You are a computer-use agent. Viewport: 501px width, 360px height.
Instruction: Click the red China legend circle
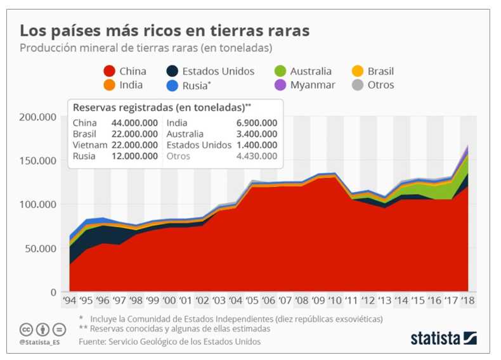click(x=109, y=72)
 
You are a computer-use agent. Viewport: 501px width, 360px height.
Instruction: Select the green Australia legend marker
click(x=280, y=72)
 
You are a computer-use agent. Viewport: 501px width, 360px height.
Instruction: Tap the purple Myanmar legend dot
click(x=280, y=85)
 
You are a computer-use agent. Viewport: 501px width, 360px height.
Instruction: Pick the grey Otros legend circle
click(x=358, y=85)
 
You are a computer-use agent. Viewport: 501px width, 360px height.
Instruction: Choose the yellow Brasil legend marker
click(x=358, y=72)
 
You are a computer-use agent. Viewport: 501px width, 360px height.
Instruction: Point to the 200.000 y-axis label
click(x=37, y=117)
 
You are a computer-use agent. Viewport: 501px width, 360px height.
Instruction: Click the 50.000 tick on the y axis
click(x=40, y=248)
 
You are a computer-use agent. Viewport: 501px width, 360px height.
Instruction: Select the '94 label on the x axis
click(x=70, y=301)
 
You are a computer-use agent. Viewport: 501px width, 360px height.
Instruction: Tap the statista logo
click(x=443, y=338)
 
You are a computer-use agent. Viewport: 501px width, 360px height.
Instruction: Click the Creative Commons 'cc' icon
click(x=27, y=330)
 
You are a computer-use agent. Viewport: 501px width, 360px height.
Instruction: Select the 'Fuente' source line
click(x=169, y=342)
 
